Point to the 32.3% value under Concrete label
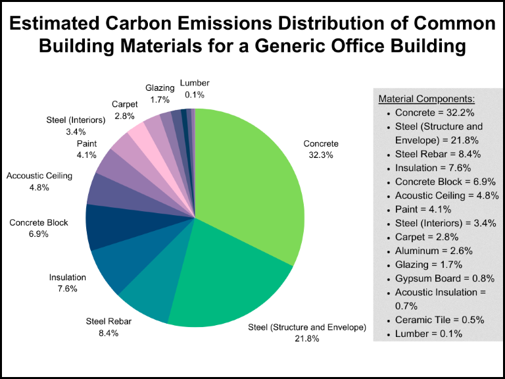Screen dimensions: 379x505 click(321, 155)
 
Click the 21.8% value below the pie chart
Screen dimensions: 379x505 click(306, 339)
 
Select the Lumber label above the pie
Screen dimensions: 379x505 click(194, 83)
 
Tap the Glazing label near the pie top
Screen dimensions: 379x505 click(160, 88)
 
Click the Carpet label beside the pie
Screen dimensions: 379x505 click(124, 104)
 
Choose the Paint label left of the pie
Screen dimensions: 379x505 click(87, 143)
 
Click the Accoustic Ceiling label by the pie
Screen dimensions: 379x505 click(39, 176)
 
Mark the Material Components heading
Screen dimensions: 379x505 click(427, 99)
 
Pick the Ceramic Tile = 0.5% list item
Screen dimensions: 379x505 click(439, 320)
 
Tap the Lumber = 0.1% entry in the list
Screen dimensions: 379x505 click(428, 334)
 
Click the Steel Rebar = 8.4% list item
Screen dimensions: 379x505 click(437, 154)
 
